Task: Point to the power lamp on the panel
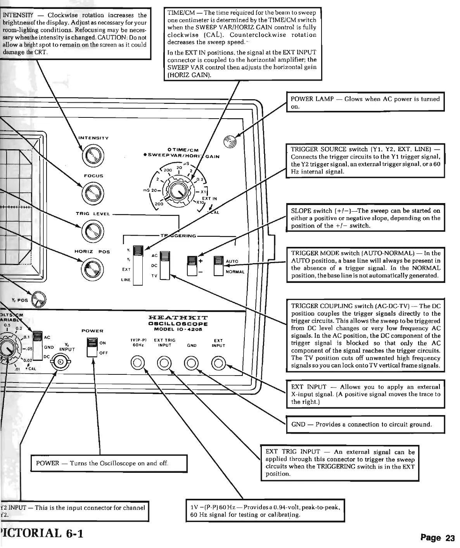pos(230,142)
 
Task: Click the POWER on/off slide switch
pos(92,347)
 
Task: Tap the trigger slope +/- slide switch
pos(192,265)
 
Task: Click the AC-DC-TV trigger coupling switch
pos(165,265)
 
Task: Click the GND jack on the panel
pos(192,363)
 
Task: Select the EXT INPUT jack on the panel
pos(218,363)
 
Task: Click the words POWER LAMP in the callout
pos(312,99)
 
